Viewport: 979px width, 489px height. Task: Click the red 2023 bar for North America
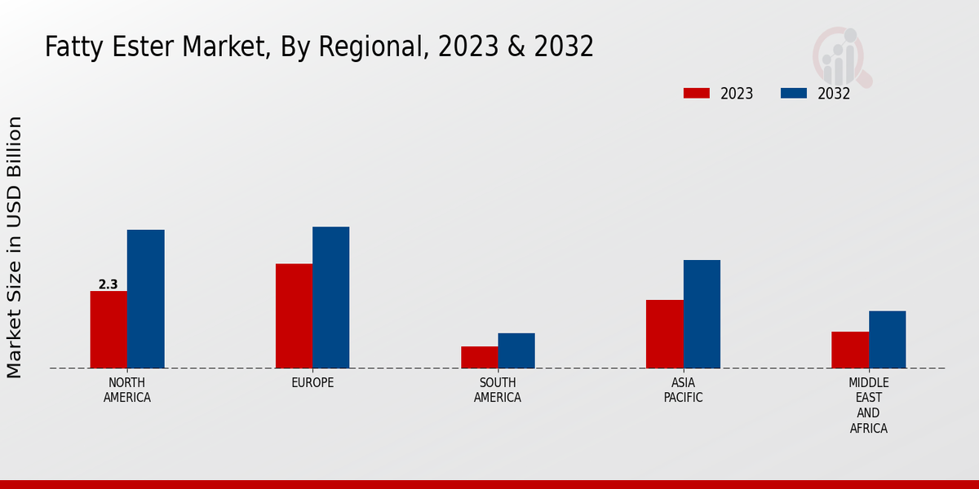tap(109, 329)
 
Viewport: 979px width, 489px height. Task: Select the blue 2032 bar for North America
tap(145, 298)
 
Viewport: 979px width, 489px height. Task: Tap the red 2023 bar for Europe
tap(294, 315)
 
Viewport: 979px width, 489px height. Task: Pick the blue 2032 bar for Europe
tap(330, 297)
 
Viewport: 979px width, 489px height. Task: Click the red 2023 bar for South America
tap(479, 357)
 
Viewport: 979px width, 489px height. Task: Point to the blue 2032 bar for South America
tap(516, 350)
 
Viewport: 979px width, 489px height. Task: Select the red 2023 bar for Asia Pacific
tap(664, 333)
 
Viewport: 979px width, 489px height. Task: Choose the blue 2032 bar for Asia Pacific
tap(702, 314)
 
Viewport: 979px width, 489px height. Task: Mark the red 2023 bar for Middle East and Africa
tap(850, 350)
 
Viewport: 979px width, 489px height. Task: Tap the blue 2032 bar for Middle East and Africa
tap(887, 339)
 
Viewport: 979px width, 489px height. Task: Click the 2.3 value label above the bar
tap(108, 284)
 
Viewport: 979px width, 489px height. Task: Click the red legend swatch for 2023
tap(696, 93)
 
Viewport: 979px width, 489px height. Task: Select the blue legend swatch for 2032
tap(793, 93)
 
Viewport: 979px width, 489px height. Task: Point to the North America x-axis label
tap(127, 390)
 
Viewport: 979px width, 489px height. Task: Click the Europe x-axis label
tap(312, 382)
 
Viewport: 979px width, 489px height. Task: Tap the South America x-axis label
tap(498, 390)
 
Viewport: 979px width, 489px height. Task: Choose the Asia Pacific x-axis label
tap(683, 390)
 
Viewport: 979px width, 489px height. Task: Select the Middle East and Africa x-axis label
tap(868, 405)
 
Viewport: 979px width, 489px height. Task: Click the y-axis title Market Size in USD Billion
tap(15, 247)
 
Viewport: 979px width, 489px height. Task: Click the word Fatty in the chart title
tap(71, 46)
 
